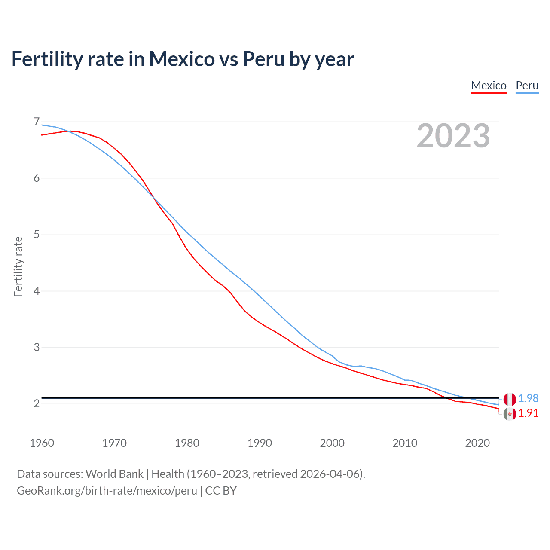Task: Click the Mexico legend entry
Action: coord(489,86)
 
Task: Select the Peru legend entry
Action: coord(527,86)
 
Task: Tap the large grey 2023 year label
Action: coord(453,136)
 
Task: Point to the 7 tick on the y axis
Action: coord(37,122)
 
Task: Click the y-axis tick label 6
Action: coord(37,178)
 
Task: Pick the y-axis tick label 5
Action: coord(37,235)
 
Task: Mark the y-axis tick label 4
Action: coord(37,291)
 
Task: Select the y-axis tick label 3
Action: coord(37,347)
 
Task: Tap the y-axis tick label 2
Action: coord(37,403)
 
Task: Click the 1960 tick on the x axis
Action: coord(42,443)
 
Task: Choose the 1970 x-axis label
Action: coord(114,443)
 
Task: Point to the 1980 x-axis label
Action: coord(187,443)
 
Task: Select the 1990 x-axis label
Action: coord(260,443)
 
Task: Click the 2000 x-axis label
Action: coord(332,443)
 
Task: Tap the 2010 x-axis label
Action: coord(405,443)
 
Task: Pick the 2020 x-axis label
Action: coord(477,443)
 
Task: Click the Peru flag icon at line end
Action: coord(510,399)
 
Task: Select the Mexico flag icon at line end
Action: coord(510,414)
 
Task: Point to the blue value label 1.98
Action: coord(528,399)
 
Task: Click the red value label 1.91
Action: coord(528,413)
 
